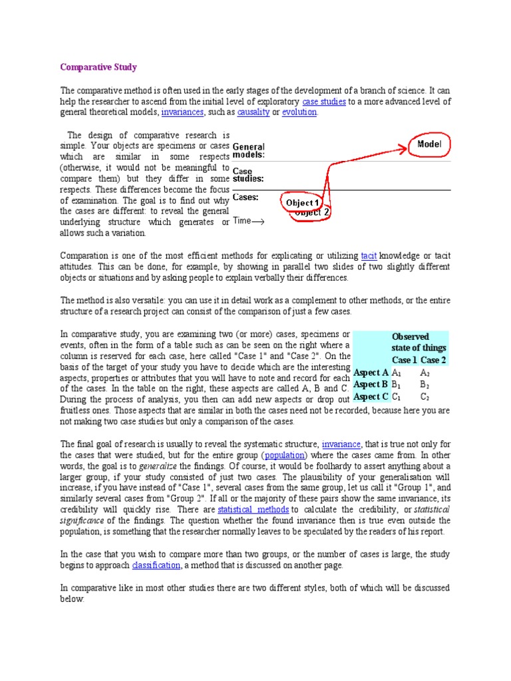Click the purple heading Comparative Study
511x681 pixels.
(98, 67)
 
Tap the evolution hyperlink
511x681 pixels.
(299, 112)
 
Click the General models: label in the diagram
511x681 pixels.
(249, 151)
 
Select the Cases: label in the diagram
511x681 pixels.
(246, 198)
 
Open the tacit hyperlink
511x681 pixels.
(369, 255)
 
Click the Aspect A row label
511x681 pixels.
(371, 372)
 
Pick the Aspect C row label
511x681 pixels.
(371, 397)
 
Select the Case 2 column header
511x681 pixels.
(434, 360)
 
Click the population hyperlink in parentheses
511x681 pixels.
(285, 456)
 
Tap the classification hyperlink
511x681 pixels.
(156, 565)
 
